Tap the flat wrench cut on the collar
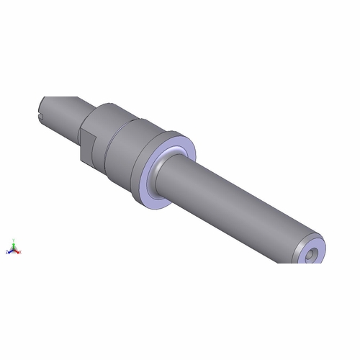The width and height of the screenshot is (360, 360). (x=85, y=144)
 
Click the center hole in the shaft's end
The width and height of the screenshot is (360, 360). (x=310, y=254)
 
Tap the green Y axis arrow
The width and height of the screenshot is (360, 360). (x=14, y=246)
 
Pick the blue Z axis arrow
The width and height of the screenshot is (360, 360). (x=10, y=251)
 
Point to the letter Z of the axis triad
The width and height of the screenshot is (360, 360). (x=7, y=252)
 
